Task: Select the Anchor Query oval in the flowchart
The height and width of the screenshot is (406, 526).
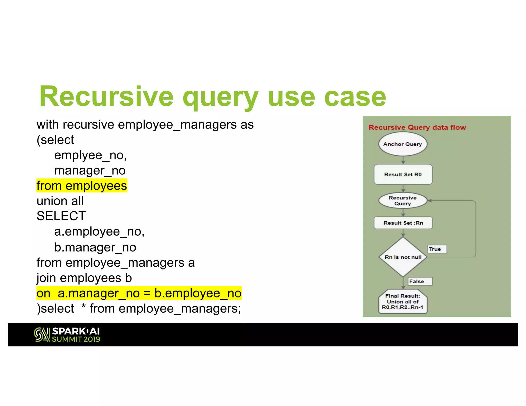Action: click(402, 144)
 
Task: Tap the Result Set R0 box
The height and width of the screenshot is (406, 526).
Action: click(403, 175)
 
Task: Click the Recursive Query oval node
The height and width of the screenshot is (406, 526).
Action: click(402, 200)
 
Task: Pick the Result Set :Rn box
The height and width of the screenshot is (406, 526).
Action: click(403, 223)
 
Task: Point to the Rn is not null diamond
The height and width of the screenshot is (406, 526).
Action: click(403, 257)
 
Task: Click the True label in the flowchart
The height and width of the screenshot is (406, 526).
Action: click(436, 249)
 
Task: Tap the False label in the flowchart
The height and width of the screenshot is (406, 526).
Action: click(419, 281)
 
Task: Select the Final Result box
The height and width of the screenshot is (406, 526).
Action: click(402, 302)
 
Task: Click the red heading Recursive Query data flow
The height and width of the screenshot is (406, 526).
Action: click(417, 127)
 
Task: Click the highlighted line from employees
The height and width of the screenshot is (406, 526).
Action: click(82, 186)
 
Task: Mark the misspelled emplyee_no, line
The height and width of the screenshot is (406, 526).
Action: click(90, 155)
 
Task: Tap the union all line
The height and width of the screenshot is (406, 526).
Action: click(60, 201)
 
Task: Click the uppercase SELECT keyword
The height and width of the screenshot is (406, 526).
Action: click(61, 216)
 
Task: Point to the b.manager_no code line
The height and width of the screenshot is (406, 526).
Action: click(95, 247)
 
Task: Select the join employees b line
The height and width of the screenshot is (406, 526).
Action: click(84, 278)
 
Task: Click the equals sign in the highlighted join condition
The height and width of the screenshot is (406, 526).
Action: click(147, 293)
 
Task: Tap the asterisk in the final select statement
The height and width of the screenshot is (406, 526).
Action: click(83, 307)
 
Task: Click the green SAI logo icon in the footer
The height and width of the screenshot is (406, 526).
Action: click(42, 335)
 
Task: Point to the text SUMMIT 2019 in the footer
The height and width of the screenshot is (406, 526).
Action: click(76, 339)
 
